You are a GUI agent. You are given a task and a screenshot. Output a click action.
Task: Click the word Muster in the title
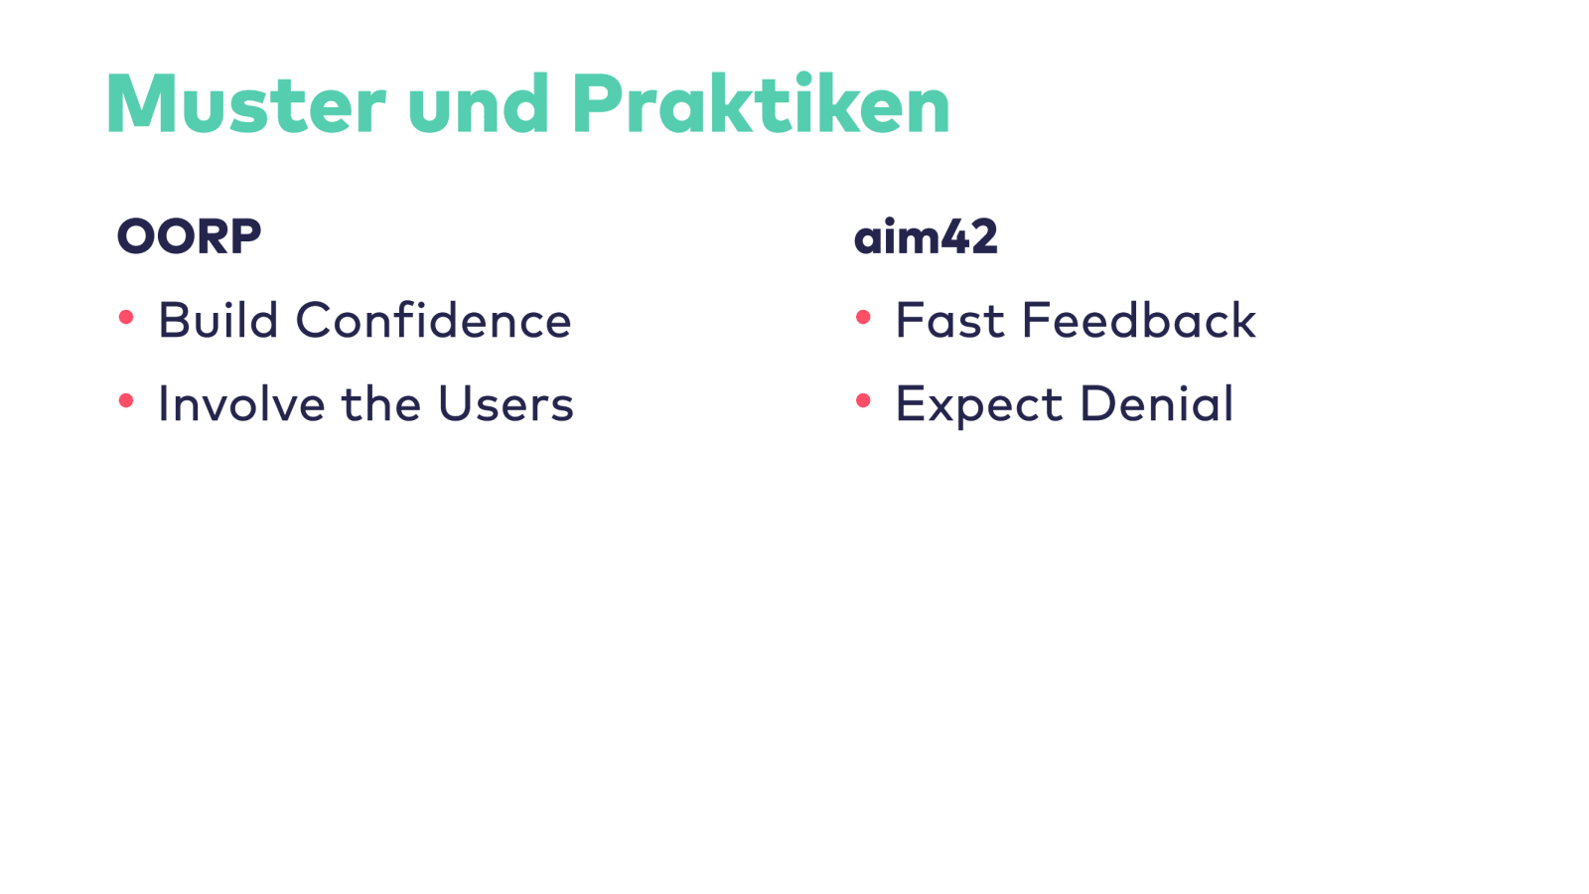coord(246,103)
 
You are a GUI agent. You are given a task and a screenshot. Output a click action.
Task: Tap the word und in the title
coord(478,102)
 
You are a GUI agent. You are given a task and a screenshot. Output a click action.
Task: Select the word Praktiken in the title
coord(761,102)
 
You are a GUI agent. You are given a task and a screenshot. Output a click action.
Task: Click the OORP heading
coord(190,236)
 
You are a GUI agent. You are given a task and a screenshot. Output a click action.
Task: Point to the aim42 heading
coord(926,235)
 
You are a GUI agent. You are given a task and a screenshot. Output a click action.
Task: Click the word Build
coord(217,320)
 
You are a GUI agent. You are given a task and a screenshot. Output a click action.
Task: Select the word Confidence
coord(433,320)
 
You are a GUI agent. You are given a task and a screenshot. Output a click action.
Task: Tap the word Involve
coord(242,403)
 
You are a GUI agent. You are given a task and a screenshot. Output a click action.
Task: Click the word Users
coord(506,403)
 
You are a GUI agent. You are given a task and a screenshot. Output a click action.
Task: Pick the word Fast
coord(950,320)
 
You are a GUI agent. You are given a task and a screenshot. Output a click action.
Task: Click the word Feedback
coord(1139,320)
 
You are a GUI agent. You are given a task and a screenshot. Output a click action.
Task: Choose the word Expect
coord(979,405)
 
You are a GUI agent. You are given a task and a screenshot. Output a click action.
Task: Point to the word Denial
coord(1157,403)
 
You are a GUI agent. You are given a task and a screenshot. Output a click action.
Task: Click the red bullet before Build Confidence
coord(126,317)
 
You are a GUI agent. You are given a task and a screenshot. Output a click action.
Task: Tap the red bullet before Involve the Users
coord(126,401)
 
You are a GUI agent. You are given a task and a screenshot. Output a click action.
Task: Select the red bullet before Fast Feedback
coord(863,317)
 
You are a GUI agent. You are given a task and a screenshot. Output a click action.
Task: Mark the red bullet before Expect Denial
coord(863,401)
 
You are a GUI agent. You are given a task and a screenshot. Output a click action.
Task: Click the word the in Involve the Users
coord(382,403)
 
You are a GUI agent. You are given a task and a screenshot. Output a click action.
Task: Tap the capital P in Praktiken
coord(597,103)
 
